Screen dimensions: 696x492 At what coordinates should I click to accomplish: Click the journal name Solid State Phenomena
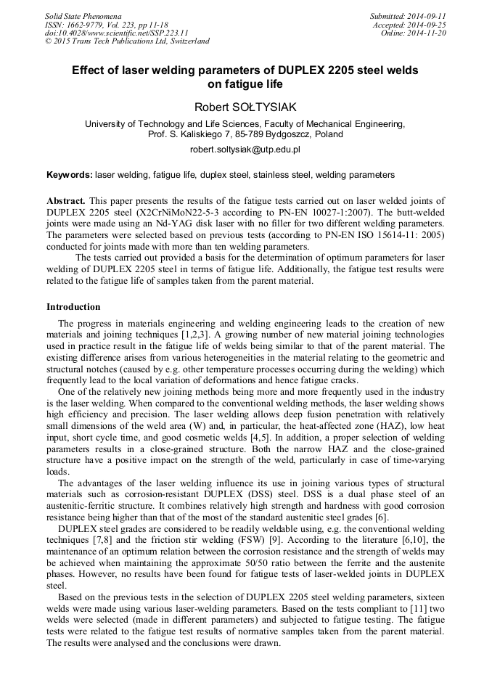(x=83, y=15)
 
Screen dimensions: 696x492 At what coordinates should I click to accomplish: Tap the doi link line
(x=116, y=33)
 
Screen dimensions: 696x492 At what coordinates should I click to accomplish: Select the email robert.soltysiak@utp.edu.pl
(x=245, y=150)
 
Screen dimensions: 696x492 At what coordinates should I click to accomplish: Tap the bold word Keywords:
(x=70, y=175)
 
